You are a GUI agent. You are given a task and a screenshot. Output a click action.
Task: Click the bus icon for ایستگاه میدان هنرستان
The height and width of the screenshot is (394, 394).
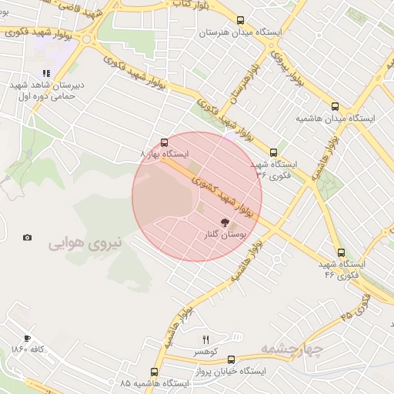241,21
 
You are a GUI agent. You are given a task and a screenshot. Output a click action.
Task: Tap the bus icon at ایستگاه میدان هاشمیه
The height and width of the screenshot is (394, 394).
334,106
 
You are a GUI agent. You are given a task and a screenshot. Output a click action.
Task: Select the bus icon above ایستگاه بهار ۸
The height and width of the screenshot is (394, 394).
164,142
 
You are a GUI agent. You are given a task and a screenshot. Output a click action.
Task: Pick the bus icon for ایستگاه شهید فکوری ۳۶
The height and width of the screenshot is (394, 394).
273,152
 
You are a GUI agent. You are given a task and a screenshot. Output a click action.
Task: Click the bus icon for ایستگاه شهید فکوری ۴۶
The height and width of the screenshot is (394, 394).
341,252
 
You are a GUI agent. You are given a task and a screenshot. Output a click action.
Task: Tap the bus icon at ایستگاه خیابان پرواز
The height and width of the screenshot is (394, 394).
231,359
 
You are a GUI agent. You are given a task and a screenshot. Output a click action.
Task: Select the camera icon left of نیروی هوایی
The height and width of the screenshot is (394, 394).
28,238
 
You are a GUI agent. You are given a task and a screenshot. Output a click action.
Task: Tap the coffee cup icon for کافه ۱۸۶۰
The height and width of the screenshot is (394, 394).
28,338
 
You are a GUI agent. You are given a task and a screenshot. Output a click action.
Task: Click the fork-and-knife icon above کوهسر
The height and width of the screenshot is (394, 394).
205,339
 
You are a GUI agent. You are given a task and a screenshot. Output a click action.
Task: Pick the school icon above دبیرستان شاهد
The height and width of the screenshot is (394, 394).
46,75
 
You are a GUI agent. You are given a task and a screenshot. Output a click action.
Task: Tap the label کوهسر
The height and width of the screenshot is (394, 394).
205,352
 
